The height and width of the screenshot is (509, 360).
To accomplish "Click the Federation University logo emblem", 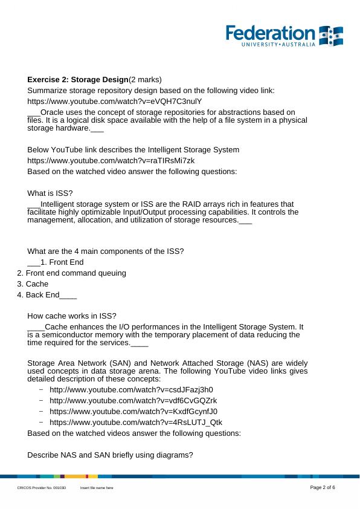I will (x=331, y=36).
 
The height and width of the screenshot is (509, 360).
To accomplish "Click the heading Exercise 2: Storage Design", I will (x=78, y=80).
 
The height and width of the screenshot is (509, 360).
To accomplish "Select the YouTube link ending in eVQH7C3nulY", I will (x=114, y=101).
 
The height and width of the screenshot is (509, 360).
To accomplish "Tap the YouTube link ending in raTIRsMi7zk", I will (x=111, y=160).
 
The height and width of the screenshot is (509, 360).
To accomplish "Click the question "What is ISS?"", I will (x=50, y=193).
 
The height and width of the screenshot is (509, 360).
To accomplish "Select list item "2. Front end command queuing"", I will (x=72, y=273).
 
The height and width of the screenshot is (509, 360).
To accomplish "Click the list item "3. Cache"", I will (x=33, y=284).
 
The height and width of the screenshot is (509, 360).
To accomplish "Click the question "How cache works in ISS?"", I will (x=72, y=316).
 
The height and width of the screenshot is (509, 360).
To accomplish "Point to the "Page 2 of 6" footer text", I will (x=323, y=487).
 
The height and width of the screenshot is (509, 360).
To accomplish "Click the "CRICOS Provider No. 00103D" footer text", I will (x=41, y=488).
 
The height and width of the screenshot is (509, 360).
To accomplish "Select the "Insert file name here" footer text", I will (x=97, y=488).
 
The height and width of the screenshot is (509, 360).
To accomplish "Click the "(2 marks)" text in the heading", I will (x=146, y=80).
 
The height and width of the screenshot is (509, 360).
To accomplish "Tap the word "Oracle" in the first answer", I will (x=53, y=112).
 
